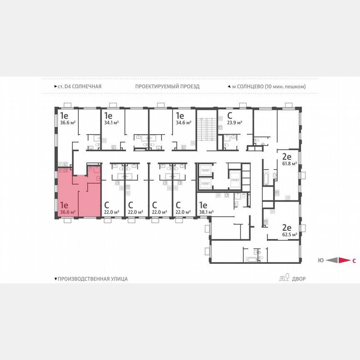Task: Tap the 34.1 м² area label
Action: [x=111, y=122]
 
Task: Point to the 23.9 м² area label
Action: [x=235, y=122]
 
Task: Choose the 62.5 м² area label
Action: [x=289, y=235]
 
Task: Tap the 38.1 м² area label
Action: [x=206, y=212]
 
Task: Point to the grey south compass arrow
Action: [x=332, y=260]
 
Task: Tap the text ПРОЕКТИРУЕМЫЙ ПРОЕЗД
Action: [x=167, y=87]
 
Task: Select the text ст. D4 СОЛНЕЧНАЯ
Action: [x=79, y=87]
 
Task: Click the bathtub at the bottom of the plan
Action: [x=252, y=259]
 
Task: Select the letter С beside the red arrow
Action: [x=354, y=261]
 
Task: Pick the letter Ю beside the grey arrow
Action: [x=320, y=261]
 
